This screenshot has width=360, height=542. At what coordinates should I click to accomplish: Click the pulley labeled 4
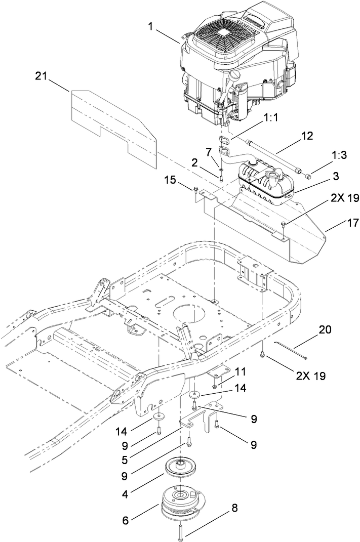point(181,468)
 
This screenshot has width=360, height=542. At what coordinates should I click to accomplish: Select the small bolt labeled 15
point(195,190)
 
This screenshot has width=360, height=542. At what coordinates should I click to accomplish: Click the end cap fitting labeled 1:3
point(308,176)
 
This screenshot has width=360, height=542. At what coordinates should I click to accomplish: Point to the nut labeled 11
point(215,387)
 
